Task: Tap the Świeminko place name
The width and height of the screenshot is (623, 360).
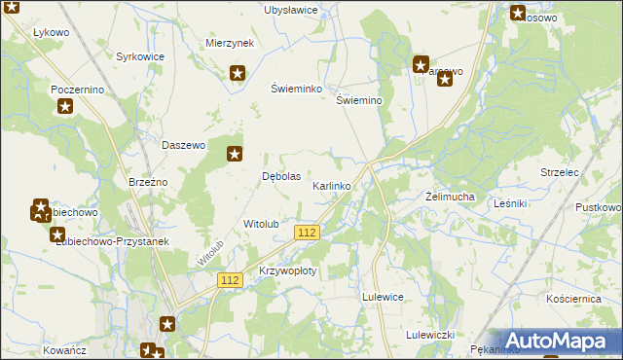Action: [x=296, y=88]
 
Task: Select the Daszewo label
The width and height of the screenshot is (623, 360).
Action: [x=184, y=145]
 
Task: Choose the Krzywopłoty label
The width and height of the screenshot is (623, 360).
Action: [x=288, y=271]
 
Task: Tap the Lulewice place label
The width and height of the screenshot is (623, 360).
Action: [x=383, y=297]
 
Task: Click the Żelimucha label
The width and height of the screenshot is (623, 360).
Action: [x=450, y=197]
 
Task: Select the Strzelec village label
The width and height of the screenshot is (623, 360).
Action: [x=560, y=172]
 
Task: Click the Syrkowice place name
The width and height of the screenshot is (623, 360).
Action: [x=140, y=56]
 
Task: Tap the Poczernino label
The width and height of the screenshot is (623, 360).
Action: [x=77, y=89]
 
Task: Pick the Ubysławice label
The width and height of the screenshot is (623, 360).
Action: [x=291, y=10]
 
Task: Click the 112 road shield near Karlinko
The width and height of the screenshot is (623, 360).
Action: [x=307, y=232]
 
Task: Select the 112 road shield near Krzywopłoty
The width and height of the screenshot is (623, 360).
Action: [x=230, y=280]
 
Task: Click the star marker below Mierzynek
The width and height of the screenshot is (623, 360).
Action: [x=238, y=72]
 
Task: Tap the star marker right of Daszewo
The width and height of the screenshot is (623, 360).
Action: [x=235, y=153]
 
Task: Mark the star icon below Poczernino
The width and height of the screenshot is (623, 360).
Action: [x=64, y=106]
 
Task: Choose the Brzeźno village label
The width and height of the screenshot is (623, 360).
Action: [x=149, y=182]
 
